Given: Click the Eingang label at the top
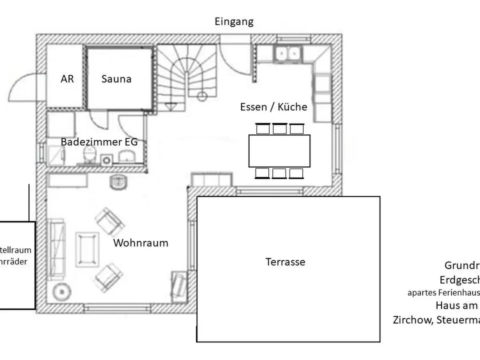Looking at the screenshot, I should [x=234, y=21].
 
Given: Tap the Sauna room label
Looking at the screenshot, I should [x=116, y=79].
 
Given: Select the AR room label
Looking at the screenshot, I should [x=67, y=79].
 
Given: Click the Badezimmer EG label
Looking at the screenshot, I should [x=99, y=142].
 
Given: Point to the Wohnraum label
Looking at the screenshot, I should [x=141, y=243].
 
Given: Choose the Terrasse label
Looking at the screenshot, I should [x=285, y=262].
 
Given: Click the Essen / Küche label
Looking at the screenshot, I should [x=274, y=107].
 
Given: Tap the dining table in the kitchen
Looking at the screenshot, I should [x=279, y=151].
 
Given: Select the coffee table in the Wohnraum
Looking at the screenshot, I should [x=87, y=249].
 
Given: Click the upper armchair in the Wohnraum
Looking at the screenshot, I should [x=109, y=220].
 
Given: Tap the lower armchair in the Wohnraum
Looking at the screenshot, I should [x=108, y=276].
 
